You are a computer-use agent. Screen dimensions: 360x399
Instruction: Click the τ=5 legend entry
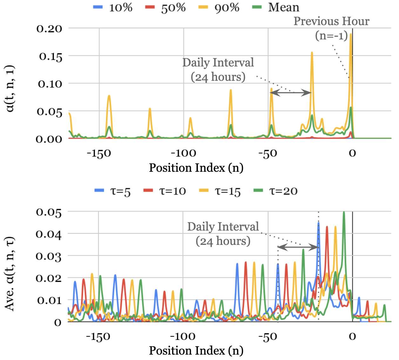[x=112, y=191]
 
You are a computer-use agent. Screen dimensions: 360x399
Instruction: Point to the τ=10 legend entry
[x=165, y=191]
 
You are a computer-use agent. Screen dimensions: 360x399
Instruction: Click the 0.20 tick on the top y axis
[x=49, y=29]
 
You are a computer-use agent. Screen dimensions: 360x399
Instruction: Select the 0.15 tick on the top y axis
[x=51, y=56]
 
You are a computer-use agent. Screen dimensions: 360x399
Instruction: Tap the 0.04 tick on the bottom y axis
[x=49, y=234]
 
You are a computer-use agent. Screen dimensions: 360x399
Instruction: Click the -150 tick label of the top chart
[x=99, y=153]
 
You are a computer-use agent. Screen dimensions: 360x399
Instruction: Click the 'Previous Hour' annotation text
[x=331, y=21]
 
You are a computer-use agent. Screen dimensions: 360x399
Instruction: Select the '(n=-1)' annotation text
[x=331, y=36]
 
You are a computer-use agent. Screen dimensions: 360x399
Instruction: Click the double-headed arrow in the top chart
[x=290, y=93]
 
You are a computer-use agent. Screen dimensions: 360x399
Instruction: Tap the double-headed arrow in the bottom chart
[x=298, y=247]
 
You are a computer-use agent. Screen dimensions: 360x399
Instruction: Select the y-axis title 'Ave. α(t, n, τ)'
[x=10, y=273]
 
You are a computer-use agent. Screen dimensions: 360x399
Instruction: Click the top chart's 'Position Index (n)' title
[x=196, y=168]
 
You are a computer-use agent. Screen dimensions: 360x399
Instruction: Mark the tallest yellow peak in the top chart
[x=351, y=34]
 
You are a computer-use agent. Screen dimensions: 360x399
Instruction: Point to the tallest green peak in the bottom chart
[x=344, y=212]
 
